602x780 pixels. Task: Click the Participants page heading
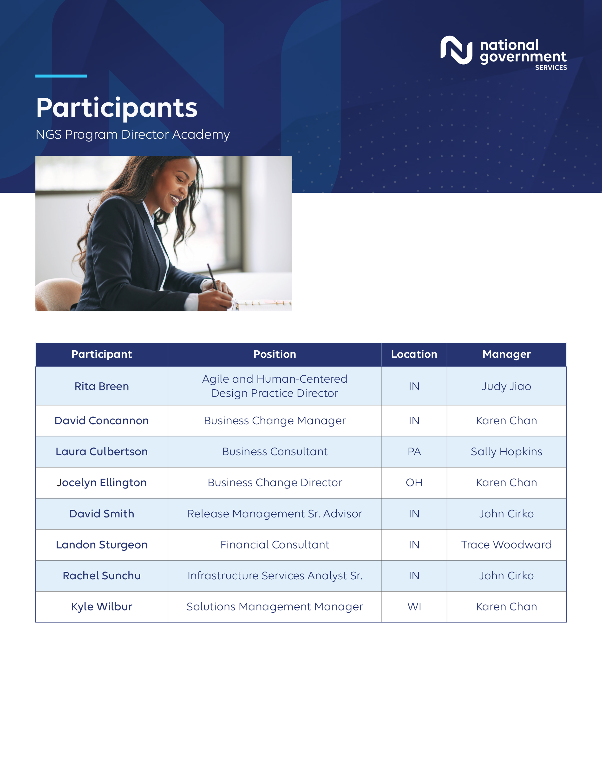(117, 108)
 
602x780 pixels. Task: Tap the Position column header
(275, 354)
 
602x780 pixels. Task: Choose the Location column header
(414, 354)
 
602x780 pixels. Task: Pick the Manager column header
(506, 354)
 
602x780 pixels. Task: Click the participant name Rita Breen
(102, 387)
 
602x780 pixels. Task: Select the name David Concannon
(102, 421)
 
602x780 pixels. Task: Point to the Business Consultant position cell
(275, 452)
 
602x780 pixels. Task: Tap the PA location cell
(414, 452)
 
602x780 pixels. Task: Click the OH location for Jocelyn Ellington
(414, 483)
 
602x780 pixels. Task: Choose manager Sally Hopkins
(506, 452)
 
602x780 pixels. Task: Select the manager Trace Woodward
(506, 545)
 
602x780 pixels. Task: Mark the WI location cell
(414, 607)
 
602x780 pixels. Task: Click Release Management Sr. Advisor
(275, 514)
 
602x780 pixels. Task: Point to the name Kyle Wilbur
(102, 607)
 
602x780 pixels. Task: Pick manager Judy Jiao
(506, 387)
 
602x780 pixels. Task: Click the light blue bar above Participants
(61, 76)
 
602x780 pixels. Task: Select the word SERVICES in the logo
(551, 68)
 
